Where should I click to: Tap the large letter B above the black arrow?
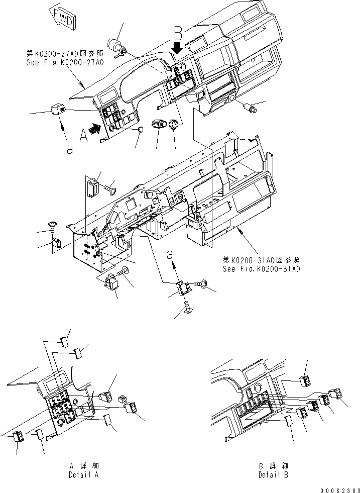coord(177,34)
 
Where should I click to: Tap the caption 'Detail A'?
coord(83,474)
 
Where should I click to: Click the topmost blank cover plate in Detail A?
coord(64,343)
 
